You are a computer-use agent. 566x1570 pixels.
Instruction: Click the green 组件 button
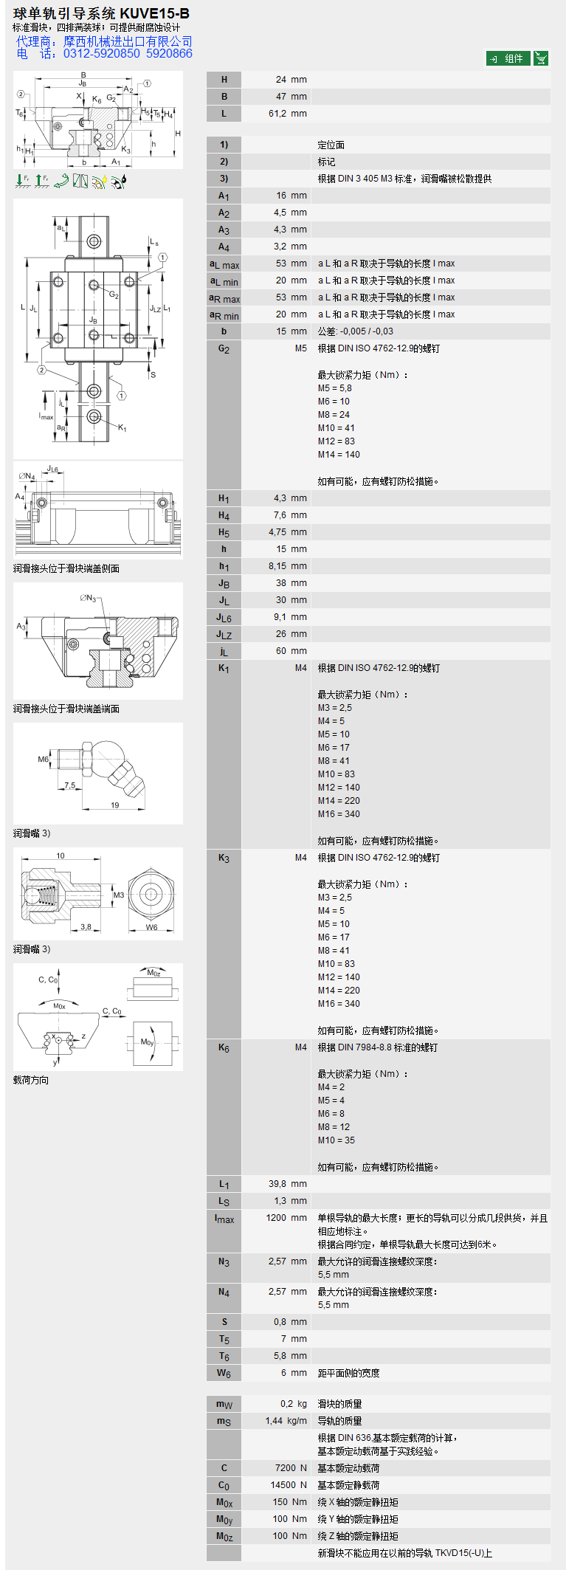pos(508,58)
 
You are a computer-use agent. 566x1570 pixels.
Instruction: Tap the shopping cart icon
pos(541,58)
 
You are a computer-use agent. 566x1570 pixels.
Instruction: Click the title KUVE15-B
pos(154,13)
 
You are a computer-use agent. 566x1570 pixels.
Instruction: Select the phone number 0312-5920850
pos(101,54)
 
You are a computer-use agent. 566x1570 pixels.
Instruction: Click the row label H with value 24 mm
pos(224,80)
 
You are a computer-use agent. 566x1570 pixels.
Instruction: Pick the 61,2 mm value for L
pos(287,114)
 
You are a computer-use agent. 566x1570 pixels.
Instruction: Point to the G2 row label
pos(224,349)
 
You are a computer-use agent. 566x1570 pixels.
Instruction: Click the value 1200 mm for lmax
pos(286,1218)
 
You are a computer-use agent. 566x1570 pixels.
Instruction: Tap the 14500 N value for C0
pos(288,1485)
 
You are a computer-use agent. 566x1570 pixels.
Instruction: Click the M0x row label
pos(224,1503)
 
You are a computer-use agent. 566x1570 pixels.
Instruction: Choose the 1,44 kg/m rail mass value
pos(286,1421)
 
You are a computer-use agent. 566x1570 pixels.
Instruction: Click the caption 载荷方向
pos(31,1080)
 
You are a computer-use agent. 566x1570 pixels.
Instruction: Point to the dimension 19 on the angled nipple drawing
pos(114,805)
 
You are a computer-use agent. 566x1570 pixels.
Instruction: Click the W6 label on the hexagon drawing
pos(151,928)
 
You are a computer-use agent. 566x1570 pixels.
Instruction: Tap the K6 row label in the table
pos(224,1048)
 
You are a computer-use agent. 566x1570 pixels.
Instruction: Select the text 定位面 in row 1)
pos(331,145)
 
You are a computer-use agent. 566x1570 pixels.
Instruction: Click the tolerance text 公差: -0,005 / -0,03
pos(356,331)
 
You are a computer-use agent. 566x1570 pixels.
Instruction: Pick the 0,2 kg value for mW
pos(293,1404)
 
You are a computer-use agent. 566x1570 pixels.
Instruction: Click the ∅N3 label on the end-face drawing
pos(88,598)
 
